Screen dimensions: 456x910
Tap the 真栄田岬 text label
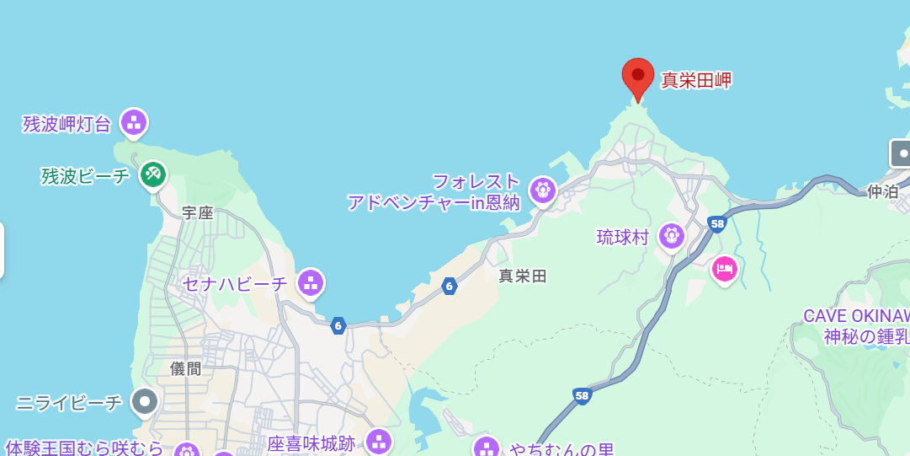[x=696, y=81]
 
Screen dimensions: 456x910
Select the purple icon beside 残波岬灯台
[x=134, y=122]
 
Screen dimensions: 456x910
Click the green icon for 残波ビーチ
[x=152, y=174]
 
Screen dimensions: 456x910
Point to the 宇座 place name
[x=198, y=213]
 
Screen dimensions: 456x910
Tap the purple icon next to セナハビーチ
[x=311, y=282]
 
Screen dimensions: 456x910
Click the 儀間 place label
[x=186, y=368]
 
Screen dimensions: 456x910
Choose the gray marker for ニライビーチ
[x=145, y=401]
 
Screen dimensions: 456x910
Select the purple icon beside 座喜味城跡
[x=379, y=442]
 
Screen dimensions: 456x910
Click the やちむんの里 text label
[x=561, y=449]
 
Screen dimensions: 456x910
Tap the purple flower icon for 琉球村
[x=671, y=236]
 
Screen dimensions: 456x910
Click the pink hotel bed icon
[x=725, y=270]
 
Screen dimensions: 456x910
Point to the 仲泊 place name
[x=883, y=191]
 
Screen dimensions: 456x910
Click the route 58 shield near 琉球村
[x=717, y=223]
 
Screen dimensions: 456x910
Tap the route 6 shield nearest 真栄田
[x=450, y=287]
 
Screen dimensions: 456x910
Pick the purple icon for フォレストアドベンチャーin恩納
[x=543, y=190]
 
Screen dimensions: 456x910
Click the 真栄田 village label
[x=523, y=276]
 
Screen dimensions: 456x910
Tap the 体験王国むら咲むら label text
[x=84, y=447]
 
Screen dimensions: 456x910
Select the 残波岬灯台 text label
[x=67, y=125]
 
